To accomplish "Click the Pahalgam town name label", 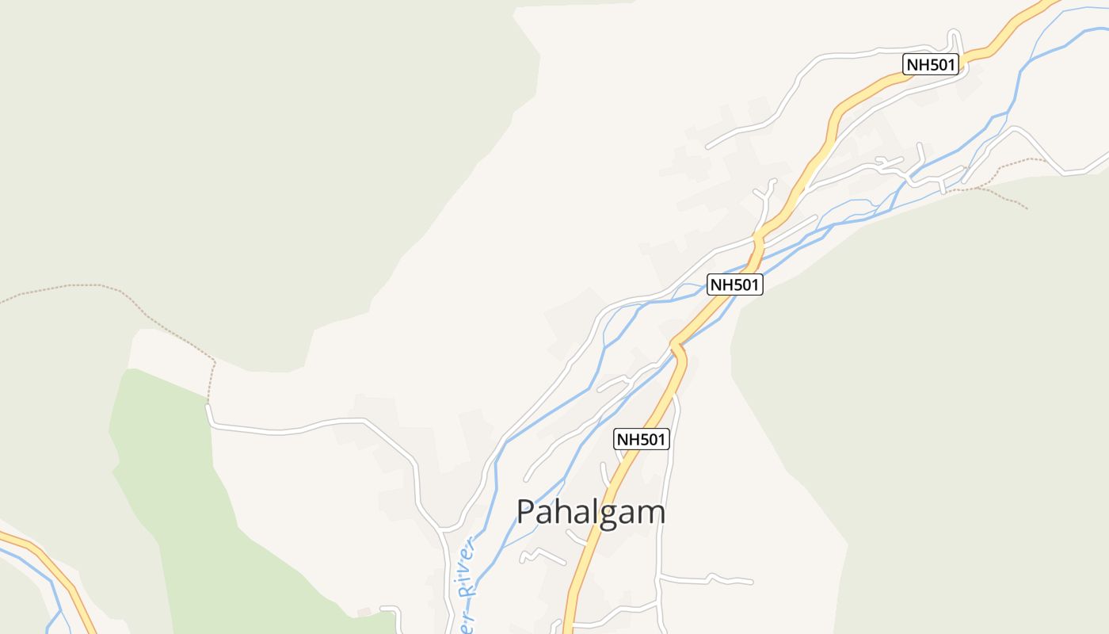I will click(x=591, y=512).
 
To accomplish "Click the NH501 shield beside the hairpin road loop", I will click(x=932, y=64).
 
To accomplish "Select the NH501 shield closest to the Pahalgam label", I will click(x=642, y=439).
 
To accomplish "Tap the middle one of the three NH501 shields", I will click(x=735, y=285).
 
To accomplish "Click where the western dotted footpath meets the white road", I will click(x=208, y=405).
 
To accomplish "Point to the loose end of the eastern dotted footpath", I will click(x=1027, y=208).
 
